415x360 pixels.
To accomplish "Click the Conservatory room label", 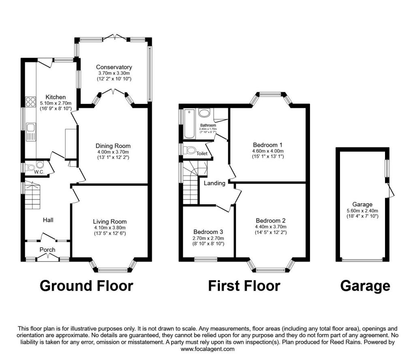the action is tap(114, 67).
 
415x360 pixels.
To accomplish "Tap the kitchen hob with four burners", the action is tap(31, 102).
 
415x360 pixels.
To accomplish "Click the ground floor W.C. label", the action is tap(39, 172).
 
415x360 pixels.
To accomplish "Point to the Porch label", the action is tap(47, 250).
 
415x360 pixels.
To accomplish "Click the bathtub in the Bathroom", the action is tap(189, 123).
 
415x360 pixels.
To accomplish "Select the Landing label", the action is tap(214, 183).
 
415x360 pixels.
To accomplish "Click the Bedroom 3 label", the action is tap(208, 232).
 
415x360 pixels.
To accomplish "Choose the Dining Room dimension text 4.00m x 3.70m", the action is tap(113, 152).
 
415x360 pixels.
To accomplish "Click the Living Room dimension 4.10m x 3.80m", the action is tap(110, 228).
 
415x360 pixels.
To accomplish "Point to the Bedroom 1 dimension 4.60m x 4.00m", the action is tap(267, 151).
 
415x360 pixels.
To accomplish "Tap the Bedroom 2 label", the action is tap(271, 221).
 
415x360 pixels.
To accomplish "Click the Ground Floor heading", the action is tap(86, 286).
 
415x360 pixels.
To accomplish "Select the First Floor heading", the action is tap(244, 286).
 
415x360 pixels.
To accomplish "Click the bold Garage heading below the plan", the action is tap(365, 286).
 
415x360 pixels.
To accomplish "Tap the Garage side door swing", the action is tap(391, 190).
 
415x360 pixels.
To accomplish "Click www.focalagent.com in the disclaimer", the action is tap(207, 349).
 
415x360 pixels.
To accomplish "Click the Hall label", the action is tap(48, 220).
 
